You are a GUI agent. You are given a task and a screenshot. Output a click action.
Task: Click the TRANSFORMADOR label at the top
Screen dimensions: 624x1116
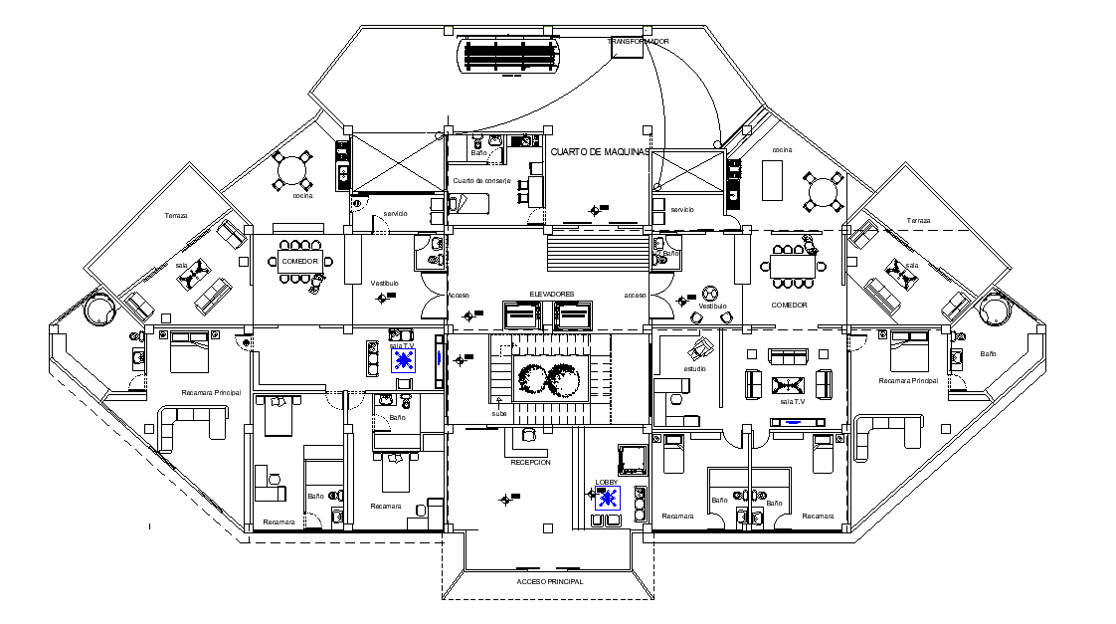click(639, 42)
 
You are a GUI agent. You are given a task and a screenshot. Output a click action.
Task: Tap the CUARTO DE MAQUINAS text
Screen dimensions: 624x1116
click(600, 151)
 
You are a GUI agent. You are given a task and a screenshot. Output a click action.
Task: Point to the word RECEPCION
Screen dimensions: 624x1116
click(530, 463)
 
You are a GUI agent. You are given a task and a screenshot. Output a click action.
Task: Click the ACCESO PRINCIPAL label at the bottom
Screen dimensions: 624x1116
click(549, 581)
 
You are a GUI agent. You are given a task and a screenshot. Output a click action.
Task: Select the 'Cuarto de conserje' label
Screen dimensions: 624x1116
click(481, 181)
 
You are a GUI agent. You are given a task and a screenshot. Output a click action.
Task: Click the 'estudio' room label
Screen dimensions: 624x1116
click(694, 369)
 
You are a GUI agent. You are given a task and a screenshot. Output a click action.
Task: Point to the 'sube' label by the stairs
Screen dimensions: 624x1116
click(498, 413)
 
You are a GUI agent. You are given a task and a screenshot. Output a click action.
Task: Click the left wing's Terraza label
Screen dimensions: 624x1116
click(176, 216)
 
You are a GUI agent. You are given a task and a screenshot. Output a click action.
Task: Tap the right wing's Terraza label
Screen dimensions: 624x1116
click(918, 220)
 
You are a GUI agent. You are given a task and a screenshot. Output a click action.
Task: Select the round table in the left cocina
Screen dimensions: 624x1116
click(293, 169)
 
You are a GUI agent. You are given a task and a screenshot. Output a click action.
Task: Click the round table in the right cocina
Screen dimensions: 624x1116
click(823, 189)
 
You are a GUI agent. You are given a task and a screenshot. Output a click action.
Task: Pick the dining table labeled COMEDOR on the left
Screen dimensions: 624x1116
click(299, 262)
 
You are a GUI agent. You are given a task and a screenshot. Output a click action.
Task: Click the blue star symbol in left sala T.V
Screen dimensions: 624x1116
click(403, 360)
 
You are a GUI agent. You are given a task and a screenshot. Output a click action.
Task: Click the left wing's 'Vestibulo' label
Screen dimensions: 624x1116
click(385, 284)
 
